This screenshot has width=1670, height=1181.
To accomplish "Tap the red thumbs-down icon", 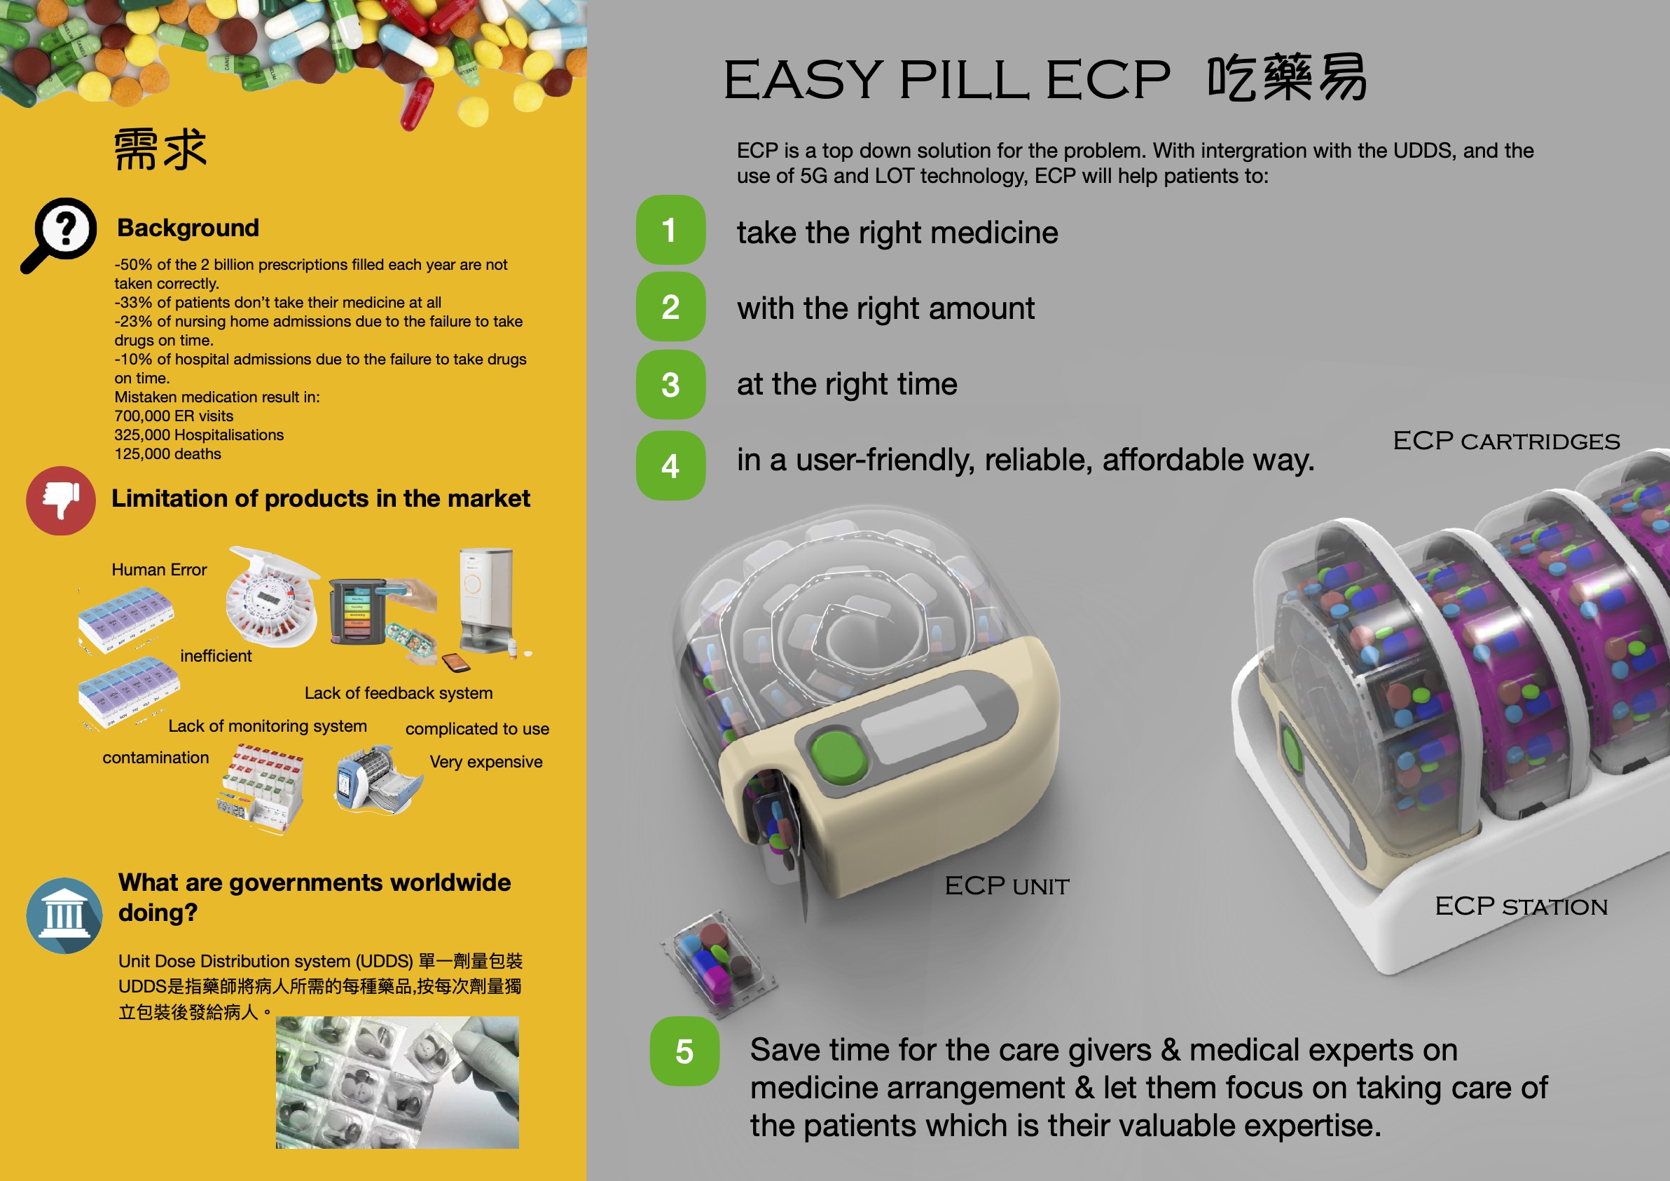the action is [61, 500].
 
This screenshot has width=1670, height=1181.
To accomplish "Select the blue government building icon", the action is [64, 915].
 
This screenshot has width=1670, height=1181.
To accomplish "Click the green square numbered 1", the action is [670, 230].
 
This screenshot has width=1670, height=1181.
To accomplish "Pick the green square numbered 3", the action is [670, 385].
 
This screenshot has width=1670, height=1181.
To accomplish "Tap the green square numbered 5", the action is [684, 1051].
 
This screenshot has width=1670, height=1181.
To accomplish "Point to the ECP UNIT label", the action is [1007, 885].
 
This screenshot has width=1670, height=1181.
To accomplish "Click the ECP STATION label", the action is [1521, 906].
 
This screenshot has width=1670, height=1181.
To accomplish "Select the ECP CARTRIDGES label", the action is [1506, 440].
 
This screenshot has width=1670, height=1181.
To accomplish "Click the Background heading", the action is [188, 228].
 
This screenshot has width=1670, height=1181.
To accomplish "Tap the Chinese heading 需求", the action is [160, 149].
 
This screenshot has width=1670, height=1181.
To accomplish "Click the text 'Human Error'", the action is [159, 570].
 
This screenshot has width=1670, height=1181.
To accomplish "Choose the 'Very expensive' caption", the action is [486, 762].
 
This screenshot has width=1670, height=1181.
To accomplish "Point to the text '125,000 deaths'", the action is [168, 454].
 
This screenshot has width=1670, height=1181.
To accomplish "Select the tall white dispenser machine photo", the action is [487, 601].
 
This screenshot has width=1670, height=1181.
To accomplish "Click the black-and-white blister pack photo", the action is [397, 1082].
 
